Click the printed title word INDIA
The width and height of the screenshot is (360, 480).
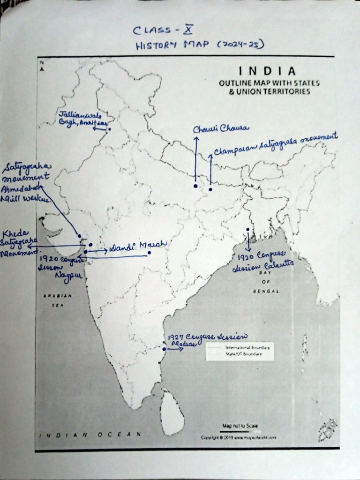coord(267,71)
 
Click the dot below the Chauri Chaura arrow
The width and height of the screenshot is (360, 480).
coord(195,186)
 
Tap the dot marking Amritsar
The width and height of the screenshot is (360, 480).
coord(109,129)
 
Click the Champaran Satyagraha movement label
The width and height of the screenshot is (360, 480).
coord(276,144)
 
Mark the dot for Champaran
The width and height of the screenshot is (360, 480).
coord(210,189)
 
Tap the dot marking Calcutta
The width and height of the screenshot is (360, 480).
coord(247,229)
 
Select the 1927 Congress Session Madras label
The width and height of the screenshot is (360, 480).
coord(206,340)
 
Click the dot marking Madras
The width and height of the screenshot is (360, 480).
coord(164,349)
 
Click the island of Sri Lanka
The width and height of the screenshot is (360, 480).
coord(172,412)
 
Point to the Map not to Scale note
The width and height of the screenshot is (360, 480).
coord(240,426)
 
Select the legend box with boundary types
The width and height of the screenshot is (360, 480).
coord(240,351)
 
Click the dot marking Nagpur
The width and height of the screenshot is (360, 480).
coord(149,253)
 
